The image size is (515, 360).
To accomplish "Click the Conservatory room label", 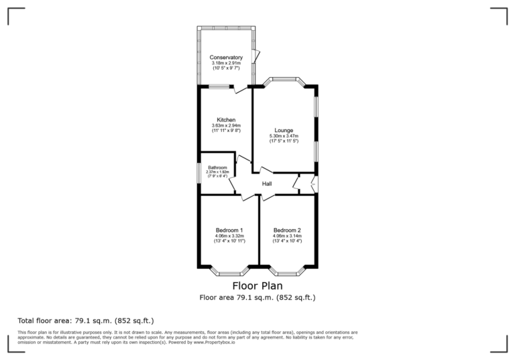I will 225,58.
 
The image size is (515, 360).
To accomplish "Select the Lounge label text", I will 284,130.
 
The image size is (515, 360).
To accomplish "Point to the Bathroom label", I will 217,168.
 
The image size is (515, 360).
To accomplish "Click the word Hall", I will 267,184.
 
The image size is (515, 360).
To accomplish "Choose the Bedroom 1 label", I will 229,230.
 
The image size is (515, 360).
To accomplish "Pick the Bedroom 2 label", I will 287,230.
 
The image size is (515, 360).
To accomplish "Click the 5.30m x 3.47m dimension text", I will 284,136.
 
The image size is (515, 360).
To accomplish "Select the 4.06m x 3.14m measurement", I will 287,236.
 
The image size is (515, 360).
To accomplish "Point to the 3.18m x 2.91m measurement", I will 225,63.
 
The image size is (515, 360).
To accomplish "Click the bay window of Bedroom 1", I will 229,272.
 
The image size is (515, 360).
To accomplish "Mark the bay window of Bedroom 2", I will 287,272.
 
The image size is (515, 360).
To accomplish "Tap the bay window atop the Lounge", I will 284,80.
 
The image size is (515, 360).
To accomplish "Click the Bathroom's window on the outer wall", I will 198,173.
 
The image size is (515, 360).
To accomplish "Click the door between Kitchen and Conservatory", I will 239,88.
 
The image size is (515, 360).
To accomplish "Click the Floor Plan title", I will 257,286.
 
